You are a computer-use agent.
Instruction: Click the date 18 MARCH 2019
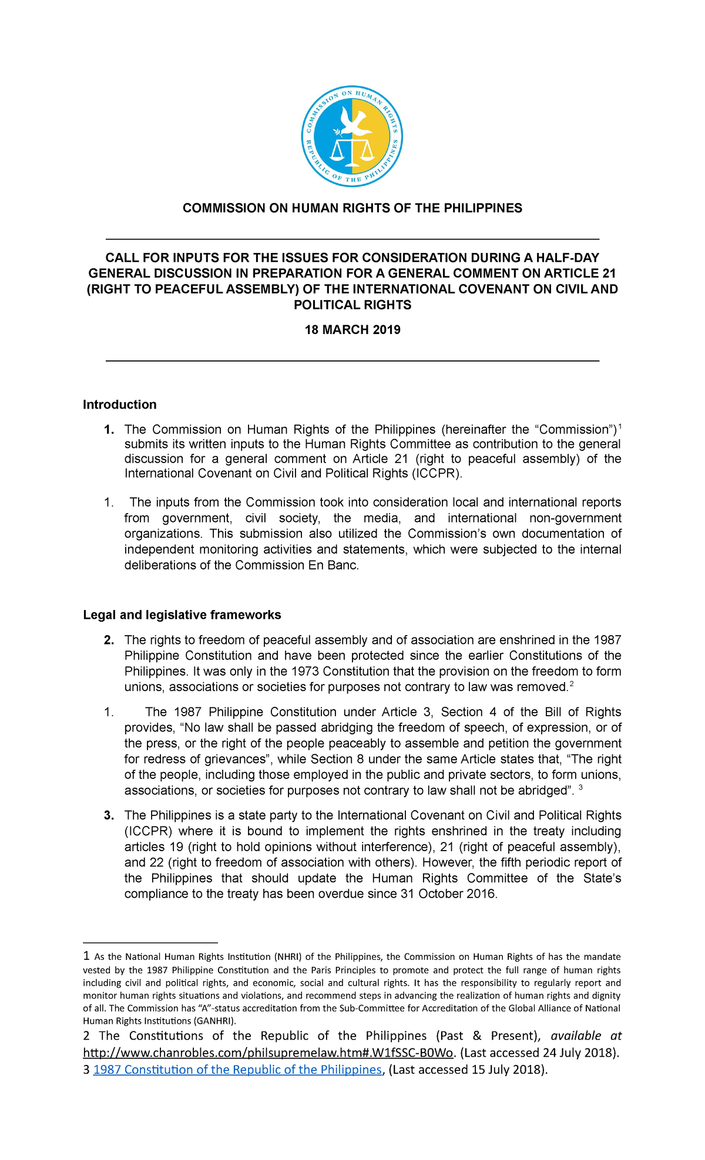point(352,329)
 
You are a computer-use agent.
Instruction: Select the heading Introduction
point(119,404)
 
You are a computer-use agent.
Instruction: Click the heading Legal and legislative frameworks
point(182,615)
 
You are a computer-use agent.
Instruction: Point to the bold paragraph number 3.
point(109,815)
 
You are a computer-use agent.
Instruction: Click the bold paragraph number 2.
point(109,640)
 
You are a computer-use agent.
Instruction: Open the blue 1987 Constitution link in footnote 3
point(237,1069)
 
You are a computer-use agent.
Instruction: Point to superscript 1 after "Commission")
point(620,426)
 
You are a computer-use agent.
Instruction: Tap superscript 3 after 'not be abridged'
point(580,787)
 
